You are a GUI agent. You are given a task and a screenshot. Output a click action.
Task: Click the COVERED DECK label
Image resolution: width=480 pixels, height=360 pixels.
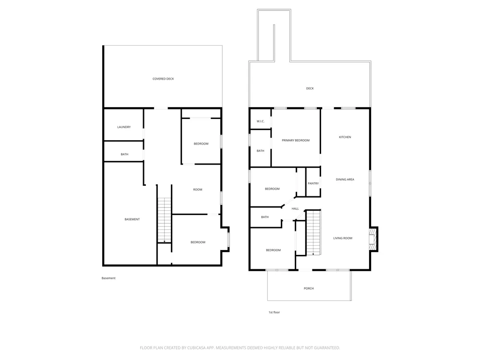163,79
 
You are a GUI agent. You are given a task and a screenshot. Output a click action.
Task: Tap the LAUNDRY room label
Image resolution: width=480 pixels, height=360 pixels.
124,127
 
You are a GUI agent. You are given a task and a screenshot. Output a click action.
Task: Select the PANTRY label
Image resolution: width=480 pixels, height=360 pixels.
313,183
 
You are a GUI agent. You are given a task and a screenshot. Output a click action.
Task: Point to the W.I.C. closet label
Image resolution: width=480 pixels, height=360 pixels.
261,121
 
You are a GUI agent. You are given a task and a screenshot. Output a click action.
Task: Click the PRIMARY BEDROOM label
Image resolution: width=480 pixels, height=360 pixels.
296,140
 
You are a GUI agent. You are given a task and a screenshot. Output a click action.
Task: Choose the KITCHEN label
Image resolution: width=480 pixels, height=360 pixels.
345,137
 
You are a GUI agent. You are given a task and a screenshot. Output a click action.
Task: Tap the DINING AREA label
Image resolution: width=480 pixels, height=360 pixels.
345,180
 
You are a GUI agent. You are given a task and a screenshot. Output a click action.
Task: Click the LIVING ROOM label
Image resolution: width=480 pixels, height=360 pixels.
343,238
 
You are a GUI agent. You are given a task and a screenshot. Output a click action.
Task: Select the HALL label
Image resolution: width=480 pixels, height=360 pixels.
295,209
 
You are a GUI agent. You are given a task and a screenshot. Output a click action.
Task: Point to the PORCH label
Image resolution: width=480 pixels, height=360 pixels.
309,288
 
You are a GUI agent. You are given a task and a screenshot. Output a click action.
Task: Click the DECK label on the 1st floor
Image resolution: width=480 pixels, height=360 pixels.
310,88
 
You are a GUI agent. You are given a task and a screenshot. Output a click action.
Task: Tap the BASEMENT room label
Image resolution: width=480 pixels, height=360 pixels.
132,219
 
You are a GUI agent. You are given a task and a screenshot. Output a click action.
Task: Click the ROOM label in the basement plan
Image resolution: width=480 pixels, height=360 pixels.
198,190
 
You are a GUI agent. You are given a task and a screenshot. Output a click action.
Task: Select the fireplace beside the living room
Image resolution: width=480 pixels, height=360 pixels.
373,239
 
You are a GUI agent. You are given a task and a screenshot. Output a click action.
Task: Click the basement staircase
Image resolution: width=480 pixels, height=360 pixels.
164,220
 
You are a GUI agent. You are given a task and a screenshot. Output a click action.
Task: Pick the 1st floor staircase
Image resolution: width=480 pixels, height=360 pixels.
313,232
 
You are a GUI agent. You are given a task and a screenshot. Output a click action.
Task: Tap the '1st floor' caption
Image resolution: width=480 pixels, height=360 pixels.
274,312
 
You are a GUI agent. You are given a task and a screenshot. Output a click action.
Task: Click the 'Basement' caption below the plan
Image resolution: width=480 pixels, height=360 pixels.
108,278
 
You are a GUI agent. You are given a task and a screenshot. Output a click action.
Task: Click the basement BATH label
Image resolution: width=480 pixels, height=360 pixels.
125,154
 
